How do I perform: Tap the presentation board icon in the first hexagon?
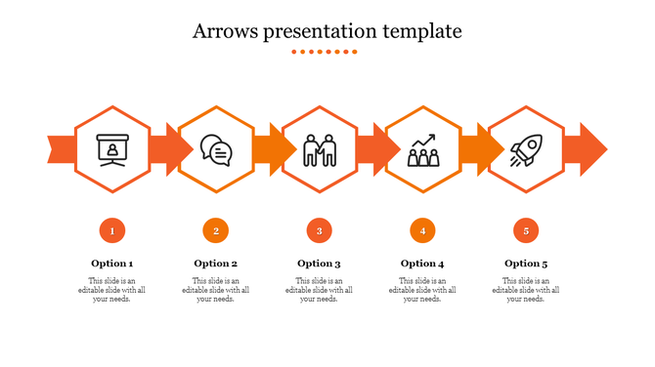(112, 149)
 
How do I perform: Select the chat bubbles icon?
(216, 149)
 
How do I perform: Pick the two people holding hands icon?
(319, 149)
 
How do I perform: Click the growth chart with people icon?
(422, 149)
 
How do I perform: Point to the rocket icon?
(526, 149)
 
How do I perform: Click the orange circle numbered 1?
(112, 231)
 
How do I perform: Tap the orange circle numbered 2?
(216, 231)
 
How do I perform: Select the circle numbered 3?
(319, 231)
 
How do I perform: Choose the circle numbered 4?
(422, 231)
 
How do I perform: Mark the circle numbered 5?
(526, 231)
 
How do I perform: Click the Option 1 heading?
(112, 264)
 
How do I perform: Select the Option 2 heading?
(216, 264)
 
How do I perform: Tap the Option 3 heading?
(319, 264)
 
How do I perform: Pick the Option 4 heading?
(422, 264)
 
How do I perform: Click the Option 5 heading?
(526, 264)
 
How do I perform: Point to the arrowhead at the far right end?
(592, 149)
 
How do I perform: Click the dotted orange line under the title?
(327, 52)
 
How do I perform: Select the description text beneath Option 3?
(319, 290)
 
